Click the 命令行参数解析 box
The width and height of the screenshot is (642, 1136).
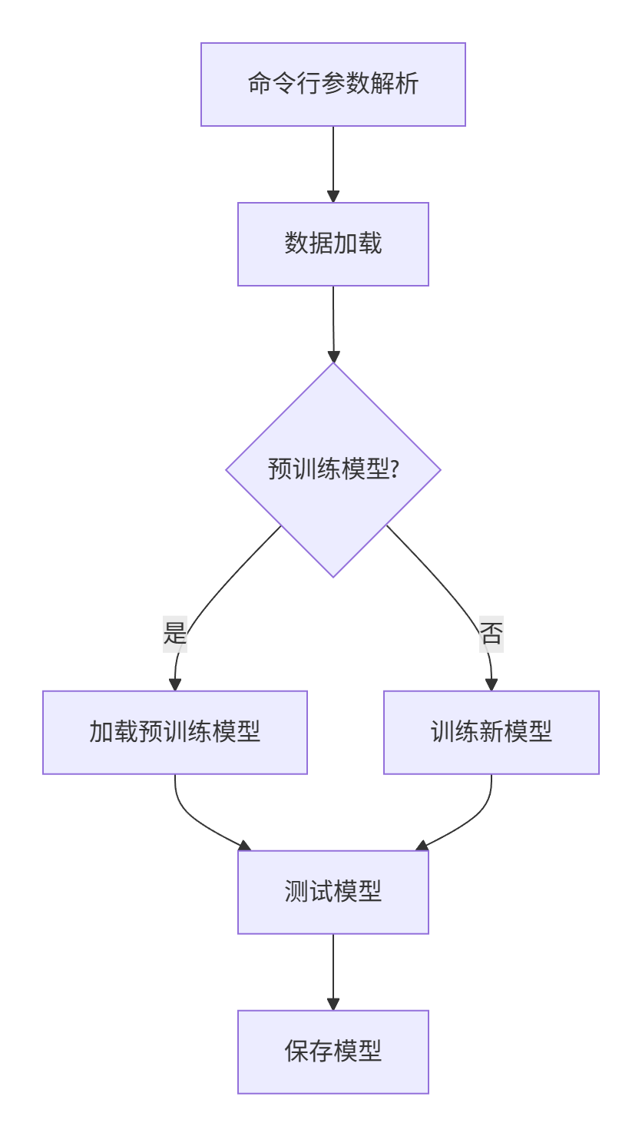click(x=333, y=84)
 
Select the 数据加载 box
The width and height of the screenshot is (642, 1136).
click(x=333, y=243)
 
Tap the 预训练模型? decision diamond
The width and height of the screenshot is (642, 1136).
click(x=333, y=469)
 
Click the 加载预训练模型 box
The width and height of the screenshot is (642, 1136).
click(x=174, y=732)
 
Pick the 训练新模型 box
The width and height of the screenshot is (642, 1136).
click(x=491, y=732)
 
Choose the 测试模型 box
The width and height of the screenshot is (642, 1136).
click(x=333, y=892)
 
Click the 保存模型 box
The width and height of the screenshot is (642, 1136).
click(x=333, y=1052)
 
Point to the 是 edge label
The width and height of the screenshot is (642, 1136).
click(x=175, y=634)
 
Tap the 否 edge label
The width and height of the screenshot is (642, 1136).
click(x=491, y=634)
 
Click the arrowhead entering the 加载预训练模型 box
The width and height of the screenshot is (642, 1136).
click(x=175, y=684)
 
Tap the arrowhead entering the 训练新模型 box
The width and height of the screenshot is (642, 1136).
click(x=491, y=684)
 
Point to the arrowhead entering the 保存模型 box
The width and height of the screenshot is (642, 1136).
click(x=333, y=1004)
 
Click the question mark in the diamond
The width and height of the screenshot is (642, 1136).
click(x=394, y=469)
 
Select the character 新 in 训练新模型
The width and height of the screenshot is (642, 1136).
click(x=491, y=732)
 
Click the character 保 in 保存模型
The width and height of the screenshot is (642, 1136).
click(x=296, y=1052)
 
